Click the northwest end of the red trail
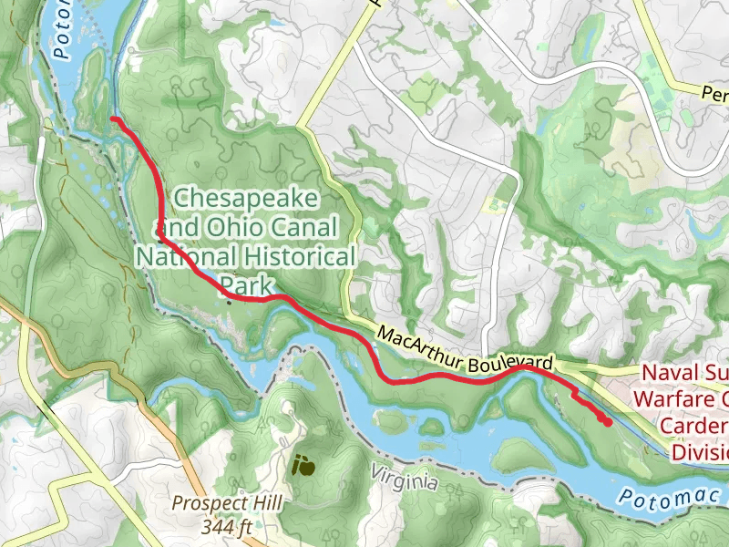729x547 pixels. tap(113, 119)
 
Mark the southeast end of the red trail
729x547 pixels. tap(608, 422)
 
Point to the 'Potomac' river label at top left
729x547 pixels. tap(62, 32)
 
